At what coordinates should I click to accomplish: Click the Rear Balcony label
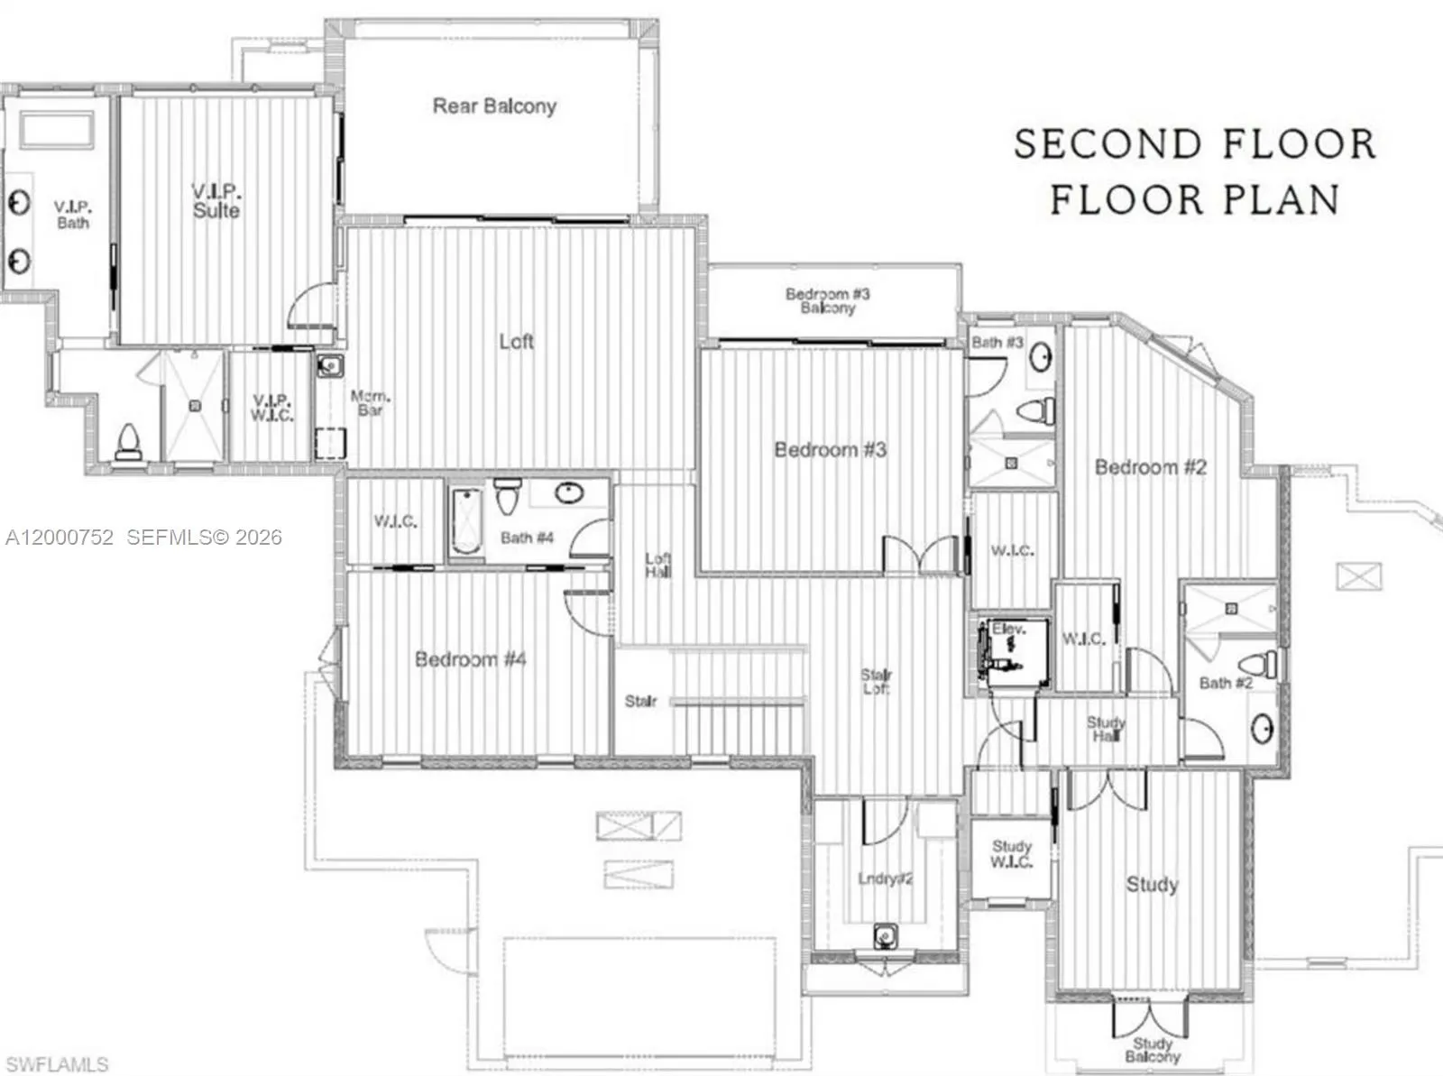point(494,106)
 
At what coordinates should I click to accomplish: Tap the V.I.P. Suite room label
point(216,201)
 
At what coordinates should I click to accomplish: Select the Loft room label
point(516,341)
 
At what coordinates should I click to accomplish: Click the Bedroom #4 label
point(470,659)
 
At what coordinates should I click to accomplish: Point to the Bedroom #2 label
point(1150,467)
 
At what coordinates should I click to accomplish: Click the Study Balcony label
point(1152,1050)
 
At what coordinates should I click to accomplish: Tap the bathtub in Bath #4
point(466,521)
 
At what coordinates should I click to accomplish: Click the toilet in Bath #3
point(1036,411)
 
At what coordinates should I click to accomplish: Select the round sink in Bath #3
point(1042,356)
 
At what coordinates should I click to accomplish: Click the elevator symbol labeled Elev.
point(1011,651)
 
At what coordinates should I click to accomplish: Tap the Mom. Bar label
point(370,403)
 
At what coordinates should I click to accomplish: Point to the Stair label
point(640,701)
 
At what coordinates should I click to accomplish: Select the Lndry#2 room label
point(885,878)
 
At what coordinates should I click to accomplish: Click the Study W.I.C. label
point(1011,854)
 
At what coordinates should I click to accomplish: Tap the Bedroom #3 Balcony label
point(827,301)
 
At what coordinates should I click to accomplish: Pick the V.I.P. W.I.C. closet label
point(271,408)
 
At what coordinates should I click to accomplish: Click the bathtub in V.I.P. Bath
point(57,132)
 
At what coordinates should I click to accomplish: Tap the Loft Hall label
point(657,566)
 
